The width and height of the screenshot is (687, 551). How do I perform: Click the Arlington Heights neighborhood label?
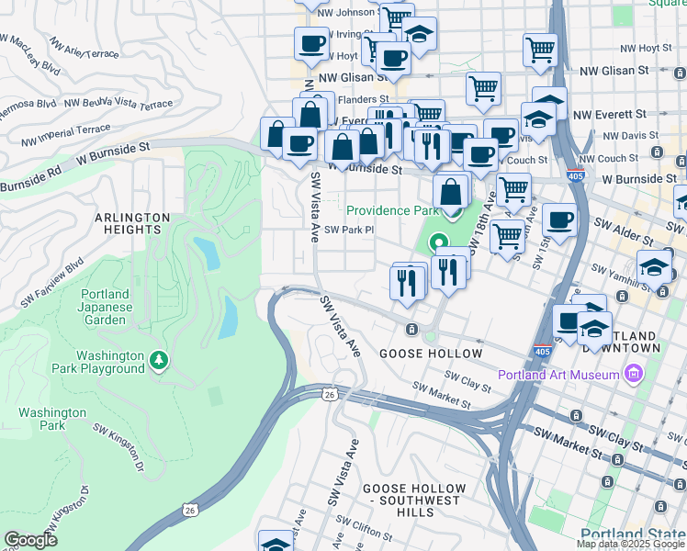pos(132,223)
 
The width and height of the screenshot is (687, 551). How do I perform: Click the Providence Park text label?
pos(393,210)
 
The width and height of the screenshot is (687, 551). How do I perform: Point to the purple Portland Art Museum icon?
pos(632,374)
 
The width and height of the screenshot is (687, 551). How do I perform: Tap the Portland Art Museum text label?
pos(559,375)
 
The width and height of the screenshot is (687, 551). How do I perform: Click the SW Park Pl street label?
pos(350,231)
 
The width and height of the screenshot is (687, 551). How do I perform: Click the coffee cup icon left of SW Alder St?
pos(559,220)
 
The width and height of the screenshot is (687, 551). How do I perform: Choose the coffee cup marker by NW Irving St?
pos(311,43)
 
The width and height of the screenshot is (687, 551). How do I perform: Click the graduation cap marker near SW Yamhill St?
pos(653,267)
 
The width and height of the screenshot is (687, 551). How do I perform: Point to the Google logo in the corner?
pos(30,540)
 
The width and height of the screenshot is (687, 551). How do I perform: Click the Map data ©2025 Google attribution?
pos(631,544)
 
